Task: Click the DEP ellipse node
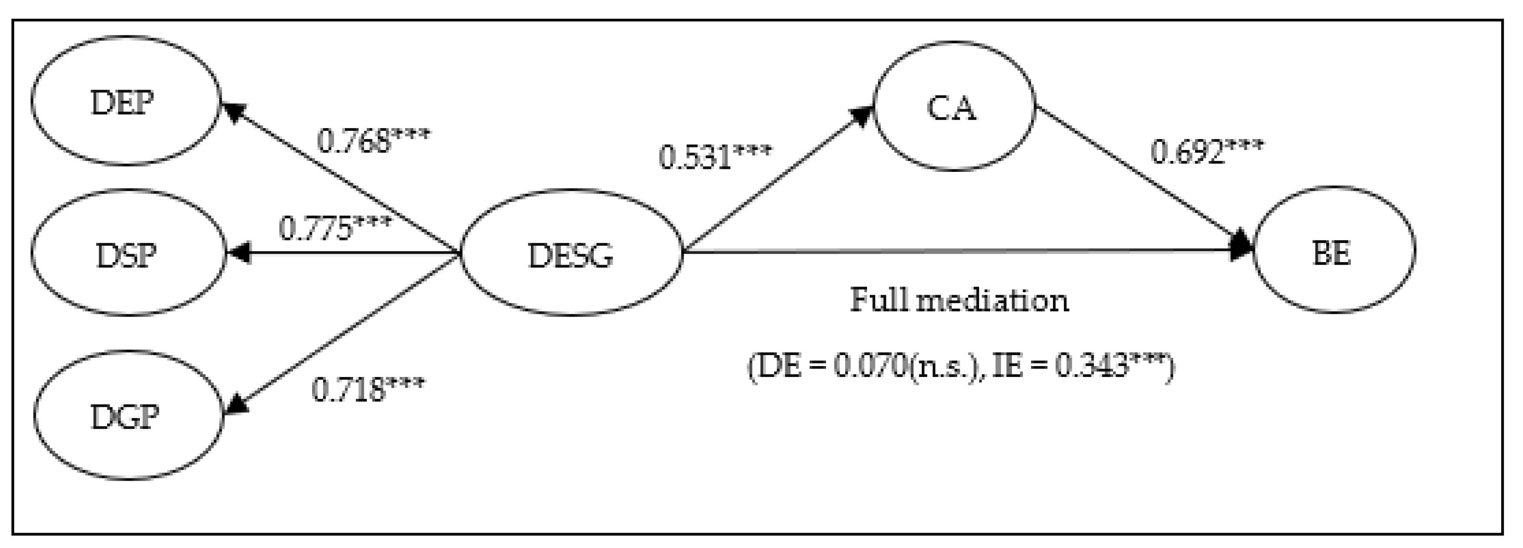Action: pyautogui.click(x=125, y=101)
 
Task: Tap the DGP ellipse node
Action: pyautogui.click(x=128, y=415)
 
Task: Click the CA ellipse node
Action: pyautogui.click(x=954, y=106)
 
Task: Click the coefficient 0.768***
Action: pyautogui.click(x=374, y=141)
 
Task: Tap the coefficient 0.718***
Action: pyautogui.click(x=368, y=389)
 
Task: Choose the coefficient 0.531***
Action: pyautogui.click(x=715, y=156)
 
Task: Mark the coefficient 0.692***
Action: pyautogui.click(x=1206, y=151)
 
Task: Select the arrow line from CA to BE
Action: pyautogui.click(x=1141, y=176)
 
